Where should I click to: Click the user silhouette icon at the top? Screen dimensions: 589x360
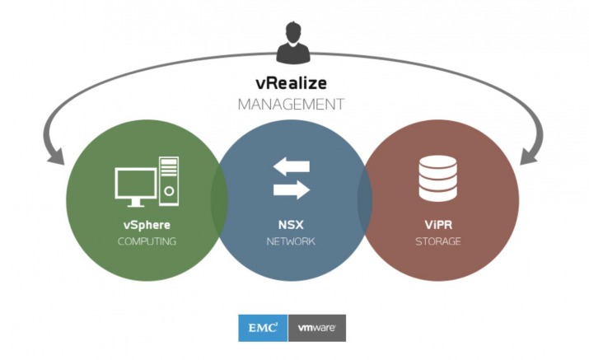point(293,43)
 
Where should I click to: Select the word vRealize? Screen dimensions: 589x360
point(291,83)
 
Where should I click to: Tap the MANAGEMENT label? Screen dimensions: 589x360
point(291,104)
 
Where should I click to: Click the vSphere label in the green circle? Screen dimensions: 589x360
point(147,225)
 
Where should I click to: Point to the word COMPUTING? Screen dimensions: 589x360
point(147,241)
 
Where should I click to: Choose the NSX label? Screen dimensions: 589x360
point(291,225)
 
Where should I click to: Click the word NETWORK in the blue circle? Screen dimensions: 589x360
point(291,241)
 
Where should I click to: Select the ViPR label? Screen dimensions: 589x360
point(438,225)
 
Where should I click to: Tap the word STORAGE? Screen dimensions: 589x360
point(438,241)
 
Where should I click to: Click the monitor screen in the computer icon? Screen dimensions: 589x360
point(136,184)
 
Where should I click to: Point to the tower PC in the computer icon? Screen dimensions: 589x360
point(169,181)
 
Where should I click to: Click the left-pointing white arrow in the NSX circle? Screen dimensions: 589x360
point(292,166)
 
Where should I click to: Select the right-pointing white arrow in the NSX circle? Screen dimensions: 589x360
point(292,189)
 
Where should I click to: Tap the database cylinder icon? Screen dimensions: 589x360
point(438,178)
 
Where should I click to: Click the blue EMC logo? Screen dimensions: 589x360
point(263,328)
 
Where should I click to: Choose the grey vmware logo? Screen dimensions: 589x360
point(317,328)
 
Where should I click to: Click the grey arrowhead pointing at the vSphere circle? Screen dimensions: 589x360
point(56,157)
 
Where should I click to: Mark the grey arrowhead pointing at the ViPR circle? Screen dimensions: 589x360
point(529,157)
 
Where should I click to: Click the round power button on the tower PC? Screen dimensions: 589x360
point(169,191)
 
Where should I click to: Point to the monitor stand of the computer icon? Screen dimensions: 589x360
point(136,203)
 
